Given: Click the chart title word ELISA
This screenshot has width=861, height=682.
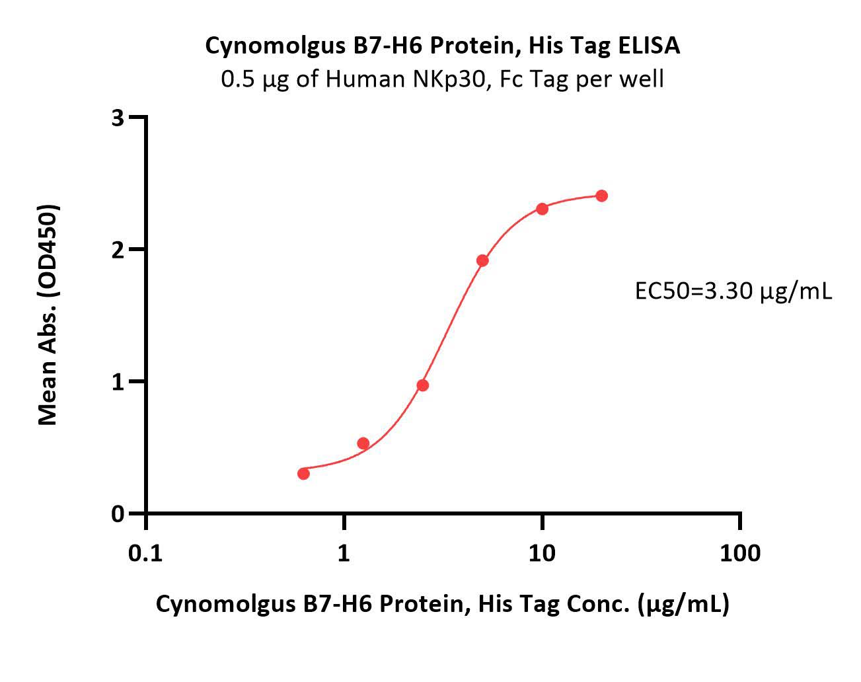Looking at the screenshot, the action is click(x=649, y=46).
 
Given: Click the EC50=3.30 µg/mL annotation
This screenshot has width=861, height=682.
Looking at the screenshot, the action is click(x=733, y=292).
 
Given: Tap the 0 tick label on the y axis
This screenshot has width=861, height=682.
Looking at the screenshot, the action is click(x=118, y=514).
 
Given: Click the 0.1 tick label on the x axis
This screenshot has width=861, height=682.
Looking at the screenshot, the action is click(x=145, y=554).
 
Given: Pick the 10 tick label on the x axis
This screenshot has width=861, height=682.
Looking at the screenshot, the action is click(x=542, y=554).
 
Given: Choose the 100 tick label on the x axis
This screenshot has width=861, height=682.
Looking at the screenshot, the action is click(x=740, y=554).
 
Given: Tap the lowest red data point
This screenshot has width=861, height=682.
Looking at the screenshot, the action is click(x=304, y=474).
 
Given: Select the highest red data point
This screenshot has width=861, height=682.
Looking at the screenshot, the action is click(x=601, y=196).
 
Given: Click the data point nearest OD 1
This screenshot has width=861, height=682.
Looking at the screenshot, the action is click(x=422, y=385).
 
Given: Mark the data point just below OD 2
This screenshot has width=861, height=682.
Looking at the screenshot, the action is click(x=482, y=261).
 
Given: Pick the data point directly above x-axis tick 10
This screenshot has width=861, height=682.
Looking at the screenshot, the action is click(x=542, y=209).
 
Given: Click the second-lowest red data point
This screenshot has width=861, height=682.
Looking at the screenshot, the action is click(x=363, y=443).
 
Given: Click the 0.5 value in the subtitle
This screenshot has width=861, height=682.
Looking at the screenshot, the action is click(x=238, y=79).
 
